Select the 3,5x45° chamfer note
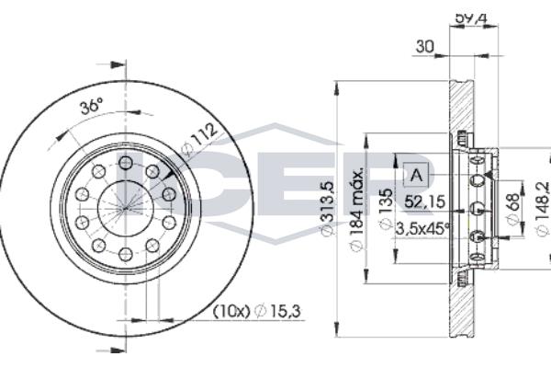(x=422, y=227)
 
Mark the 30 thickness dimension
(x=424, y=46)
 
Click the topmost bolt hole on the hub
(x=126, y=163)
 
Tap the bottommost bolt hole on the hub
(x=126, y=254)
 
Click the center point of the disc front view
(x=126, y=208)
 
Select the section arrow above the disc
(x=114, y=65)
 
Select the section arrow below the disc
(x=114, y=351)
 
